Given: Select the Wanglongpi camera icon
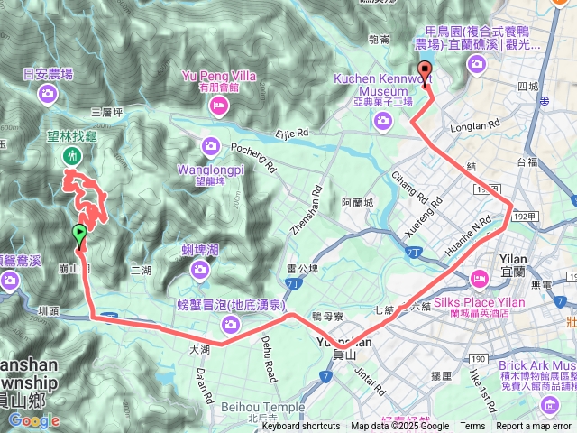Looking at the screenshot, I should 210,144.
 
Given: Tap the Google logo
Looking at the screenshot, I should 33,420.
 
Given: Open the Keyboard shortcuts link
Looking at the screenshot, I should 301,427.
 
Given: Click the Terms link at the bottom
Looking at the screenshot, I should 472,427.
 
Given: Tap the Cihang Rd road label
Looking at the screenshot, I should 410,185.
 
